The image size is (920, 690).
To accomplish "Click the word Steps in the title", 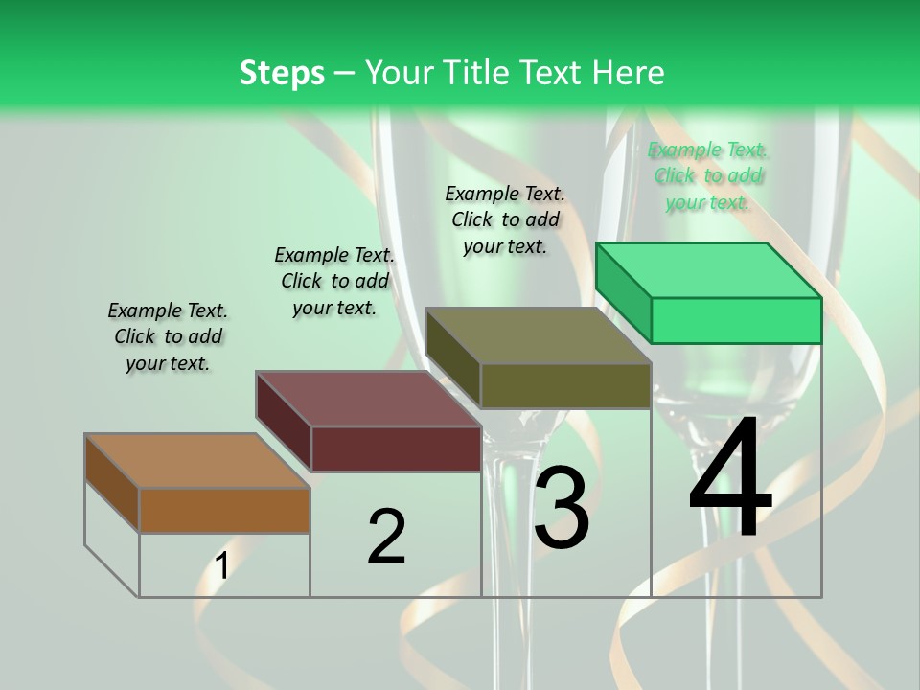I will pos(282,73).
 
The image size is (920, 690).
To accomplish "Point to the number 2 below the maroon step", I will pos(386,537).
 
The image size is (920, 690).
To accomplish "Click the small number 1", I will pos(221,566).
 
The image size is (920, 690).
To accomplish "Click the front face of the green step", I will pos(736,320).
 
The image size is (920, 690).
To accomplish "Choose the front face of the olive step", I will pos(565,385).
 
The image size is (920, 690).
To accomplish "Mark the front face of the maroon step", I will pos(396,448).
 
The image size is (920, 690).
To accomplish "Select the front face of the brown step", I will pos(224,510).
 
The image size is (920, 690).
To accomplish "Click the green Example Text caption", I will pos(707,175).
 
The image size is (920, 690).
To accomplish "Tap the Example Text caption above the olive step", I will pos(505,219).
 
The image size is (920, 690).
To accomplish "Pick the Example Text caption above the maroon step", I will pos(334,281).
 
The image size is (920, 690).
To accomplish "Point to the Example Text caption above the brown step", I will pos(168,336).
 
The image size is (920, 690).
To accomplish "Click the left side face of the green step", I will pos(623,291).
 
